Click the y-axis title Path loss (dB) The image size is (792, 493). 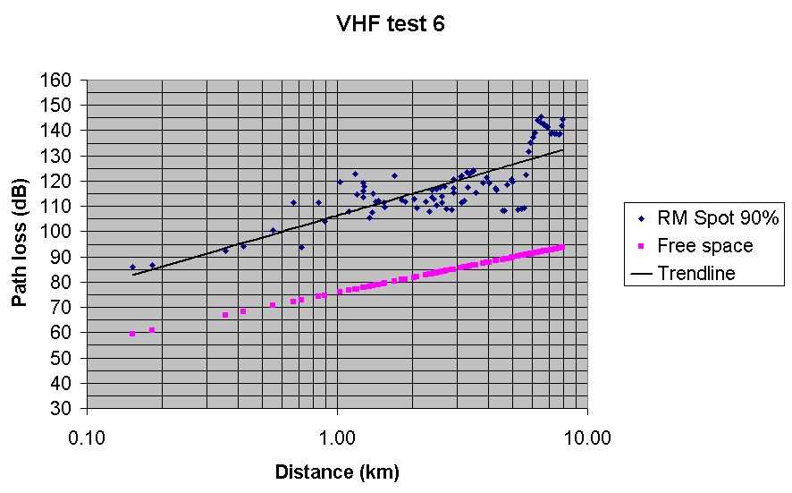point(19,242)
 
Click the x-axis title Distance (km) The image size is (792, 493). point(337,472)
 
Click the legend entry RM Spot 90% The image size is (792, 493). point(706,217)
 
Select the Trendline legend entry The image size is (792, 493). point(695,273)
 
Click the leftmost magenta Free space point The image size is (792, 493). point(132,334)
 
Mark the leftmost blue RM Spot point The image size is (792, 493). point(132,267)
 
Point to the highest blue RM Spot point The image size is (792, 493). point(541,117)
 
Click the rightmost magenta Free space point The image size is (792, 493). point(562,247)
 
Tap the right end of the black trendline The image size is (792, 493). point(563,150)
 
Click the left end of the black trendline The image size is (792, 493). point(132,275)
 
